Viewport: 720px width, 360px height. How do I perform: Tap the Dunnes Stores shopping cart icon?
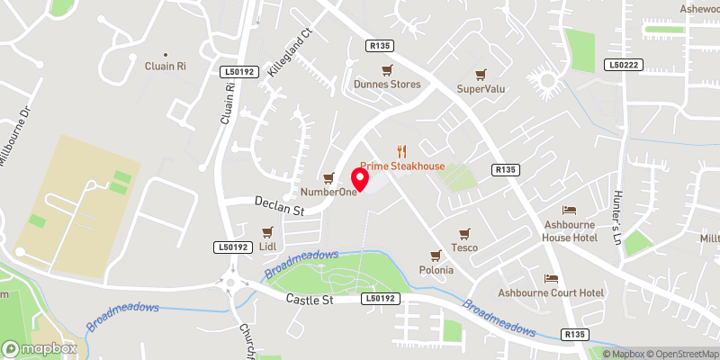pyautogui.click(x=387, y=70)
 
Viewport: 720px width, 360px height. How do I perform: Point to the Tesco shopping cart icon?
pyautogui.click(x=464, y=233)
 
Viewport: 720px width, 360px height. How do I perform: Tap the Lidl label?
pyautogui.click(x=266, y=247)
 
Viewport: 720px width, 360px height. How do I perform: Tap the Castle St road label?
pyautogui.click(x=310, y=298)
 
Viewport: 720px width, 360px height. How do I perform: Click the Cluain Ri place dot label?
pyautogui.click(x=165, y=65)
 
